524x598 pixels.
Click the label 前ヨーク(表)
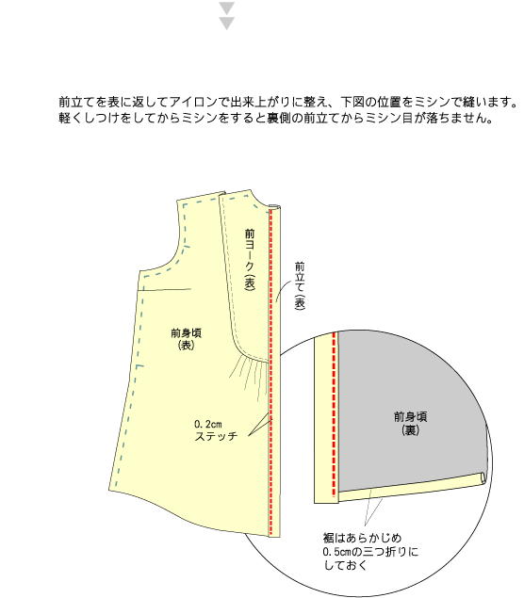click(249, 259)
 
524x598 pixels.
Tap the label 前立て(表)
click(300, 285)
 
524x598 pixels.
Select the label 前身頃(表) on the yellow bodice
click(187, 339)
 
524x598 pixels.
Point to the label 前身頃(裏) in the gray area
click(410, 423)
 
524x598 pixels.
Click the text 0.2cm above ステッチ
click(208, 424)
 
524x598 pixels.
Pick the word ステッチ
click(216, 436)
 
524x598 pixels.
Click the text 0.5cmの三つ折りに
click(370, 552)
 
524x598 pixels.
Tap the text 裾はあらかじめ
click(362, 538)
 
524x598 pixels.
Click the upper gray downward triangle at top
click(227, 8)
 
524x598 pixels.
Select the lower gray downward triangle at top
click(227, 24)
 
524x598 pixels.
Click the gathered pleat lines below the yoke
click(249, 376)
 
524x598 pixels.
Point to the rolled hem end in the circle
click(483, 478)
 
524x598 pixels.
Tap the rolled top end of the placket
click(274, 207)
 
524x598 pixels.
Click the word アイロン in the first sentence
click(193, 103)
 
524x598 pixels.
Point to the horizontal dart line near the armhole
click(164, 290)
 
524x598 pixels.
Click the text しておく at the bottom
click(345, 565)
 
